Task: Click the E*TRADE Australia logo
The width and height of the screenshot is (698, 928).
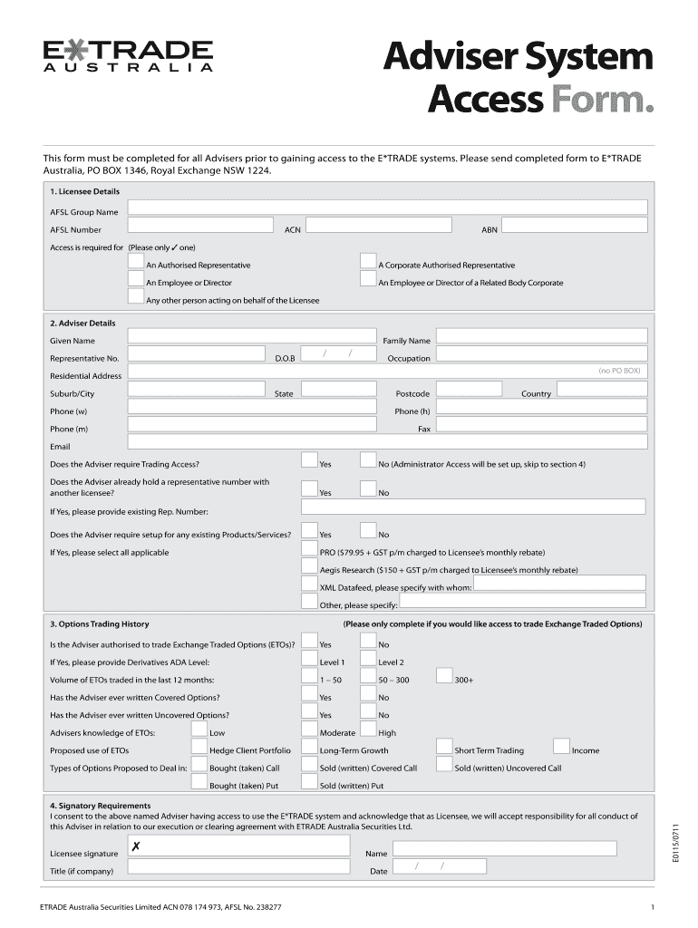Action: click(x=128, y=54)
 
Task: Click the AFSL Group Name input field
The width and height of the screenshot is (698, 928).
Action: click(x=387, y=208)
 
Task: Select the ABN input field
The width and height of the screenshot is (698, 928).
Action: click(x=575, y=227)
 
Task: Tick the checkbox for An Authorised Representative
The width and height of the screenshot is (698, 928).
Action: click(x=137, y=262)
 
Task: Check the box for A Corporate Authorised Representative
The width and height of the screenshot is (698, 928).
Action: click(x=368, y=262)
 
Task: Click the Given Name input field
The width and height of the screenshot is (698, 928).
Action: click(x=252, y=337)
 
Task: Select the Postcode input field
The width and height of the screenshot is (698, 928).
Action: click(x=468, y=390)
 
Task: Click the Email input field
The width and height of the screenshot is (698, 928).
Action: click(x=387, y=442)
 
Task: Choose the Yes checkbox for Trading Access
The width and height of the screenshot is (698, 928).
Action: click(x=309, y=460)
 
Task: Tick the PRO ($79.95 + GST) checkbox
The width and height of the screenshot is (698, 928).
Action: click(x=309, y=549)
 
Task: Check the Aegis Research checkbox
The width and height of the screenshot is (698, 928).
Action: click(x=309, y=567)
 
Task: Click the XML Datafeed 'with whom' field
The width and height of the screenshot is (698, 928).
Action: click(x=559, y=585)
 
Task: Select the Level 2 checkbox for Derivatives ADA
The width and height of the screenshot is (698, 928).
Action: click(x=368, y=659)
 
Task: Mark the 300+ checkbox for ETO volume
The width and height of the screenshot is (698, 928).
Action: click(x=444, y=676)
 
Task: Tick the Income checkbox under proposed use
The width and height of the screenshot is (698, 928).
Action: click(x=561, y=747)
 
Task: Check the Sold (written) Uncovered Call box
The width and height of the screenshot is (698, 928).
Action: click(x=444, y=765)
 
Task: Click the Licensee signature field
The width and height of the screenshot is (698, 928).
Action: click(x=238, y=846)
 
